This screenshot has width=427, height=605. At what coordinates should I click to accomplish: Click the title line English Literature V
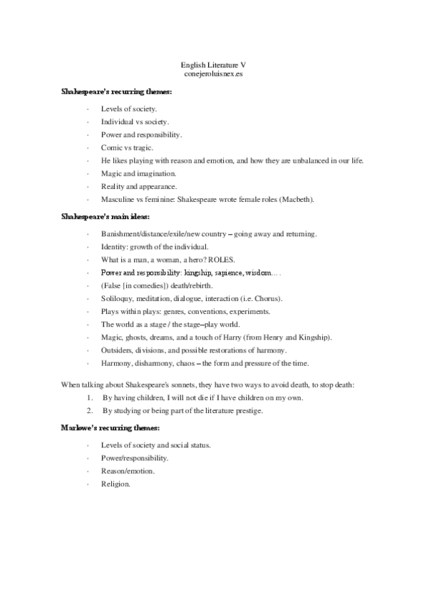(213, 64)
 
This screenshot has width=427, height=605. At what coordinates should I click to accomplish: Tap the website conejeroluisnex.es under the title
(213, 73)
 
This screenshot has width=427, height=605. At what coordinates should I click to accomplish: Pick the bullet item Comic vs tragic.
(127, 147)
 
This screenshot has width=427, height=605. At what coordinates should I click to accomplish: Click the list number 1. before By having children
(90, 397)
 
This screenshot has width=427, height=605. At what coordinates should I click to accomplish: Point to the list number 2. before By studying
(90, 410)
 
